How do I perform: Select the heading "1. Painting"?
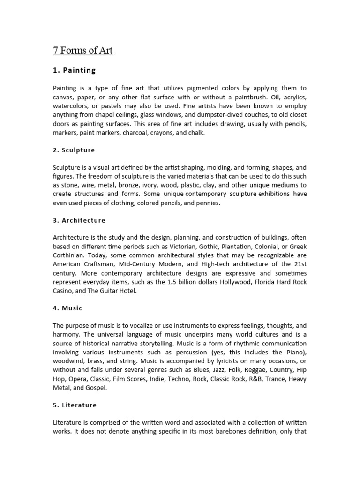[74, 70]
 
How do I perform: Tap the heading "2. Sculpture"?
[74, 150]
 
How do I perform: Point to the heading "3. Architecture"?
[79, 220]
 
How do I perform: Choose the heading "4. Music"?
[67, 308]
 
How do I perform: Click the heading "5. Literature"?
[75, 405]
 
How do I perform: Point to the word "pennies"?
[207, 203]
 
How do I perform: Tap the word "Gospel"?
[95, 388]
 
